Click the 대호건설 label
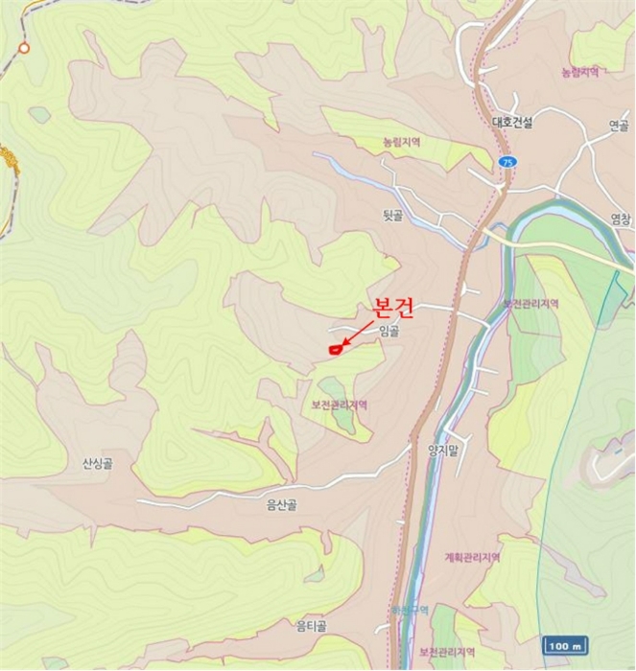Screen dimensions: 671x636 point(511,123)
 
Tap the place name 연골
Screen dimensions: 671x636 point(619,126)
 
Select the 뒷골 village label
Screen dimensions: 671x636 point(392,217)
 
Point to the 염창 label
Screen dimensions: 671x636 point(621,219)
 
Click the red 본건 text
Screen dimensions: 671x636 point(392,308)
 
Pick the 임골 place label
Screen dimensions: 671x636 point(389,332)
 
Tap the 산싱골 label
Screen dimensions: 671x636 point(97,464)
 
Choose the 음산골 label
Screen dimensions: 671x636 point(280,504)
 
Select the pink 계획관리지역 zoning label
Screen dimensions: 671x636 point(472,558)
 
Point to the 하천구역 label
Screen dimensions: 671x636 point(410,610)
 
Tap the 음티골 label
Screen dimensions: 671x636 point(311,626)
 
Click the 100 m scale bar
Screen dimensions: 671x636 point(565,646)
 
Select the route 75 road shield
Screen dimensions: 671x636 point(507,162)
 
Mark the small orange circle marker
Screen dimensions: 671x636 point(24,47)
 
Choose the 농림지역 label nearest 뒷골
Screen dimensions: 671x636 point(401,142)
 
